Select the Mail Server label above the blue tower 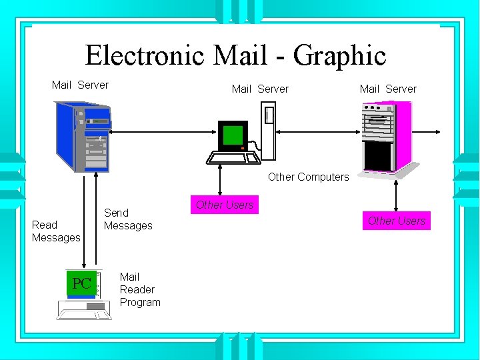tap(80, 85)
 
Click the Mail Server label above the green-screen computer tap(260, 89)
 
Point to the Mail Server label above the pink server tap(388, 89)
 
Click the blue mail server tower tap(81, 137)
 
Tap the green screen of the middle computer tap(233, 135)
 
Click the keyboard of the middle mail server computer tap(232, 157)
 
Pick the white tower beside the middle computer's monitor tap(269, 131)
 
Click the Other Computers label tap(308, 177)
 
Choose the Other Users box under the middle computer tap(224, 205)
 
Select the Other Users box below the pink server tap(397, 221)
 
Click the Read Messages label tap(56, 231)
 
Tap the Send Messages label tap(128, 219)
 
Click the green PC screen tap(81, 283)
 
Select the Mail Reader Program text tap(140, 289)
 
